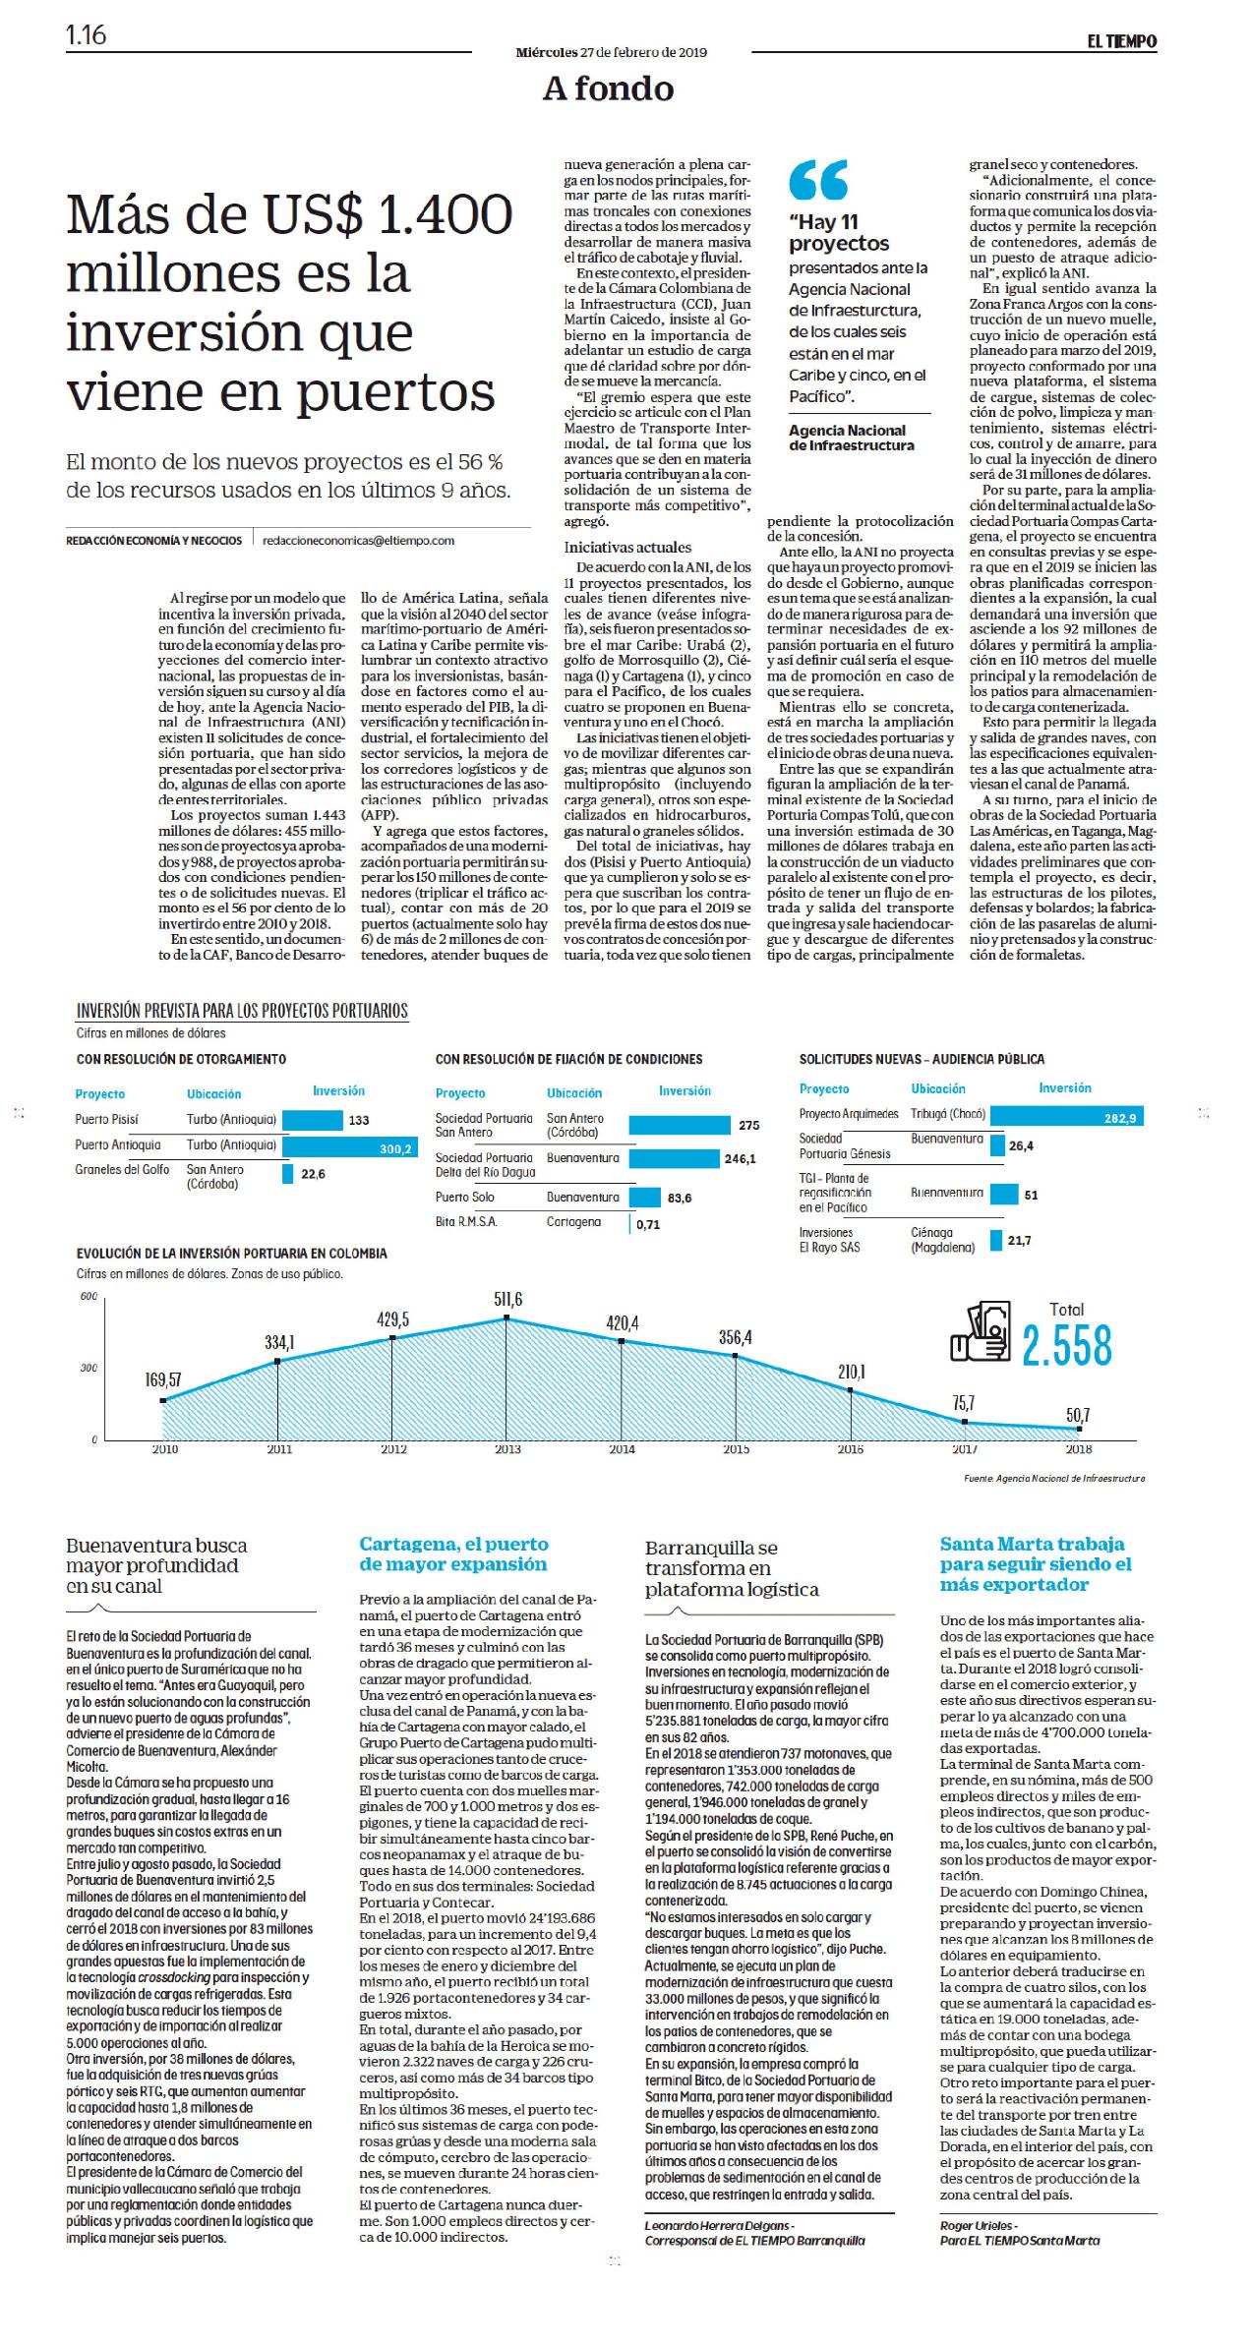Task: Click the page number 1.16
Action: (87, 36)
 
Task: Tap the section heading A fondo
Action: (608, 89)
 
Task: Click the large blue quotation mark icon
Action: (818, 180)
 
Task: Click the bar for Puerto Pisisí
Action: (312, 1120)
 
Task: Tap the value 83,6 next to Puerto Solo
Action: (680, 1198)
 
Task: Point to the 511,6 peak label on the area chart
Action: (507, 1299)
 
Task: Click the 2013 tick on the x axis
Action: (507, 1449)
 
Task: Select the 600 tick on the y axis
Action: (89, 1297)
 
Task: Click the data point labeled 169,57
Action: (163, 1400)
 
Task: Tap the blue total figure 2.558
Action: (1067, 1346)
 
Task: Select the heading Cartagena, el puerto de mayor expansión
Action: (453, 1553)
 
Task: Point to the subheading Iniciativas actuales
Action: (614, 547)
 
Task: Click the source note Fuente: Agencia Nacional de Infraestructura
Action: (1054, 1478)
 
